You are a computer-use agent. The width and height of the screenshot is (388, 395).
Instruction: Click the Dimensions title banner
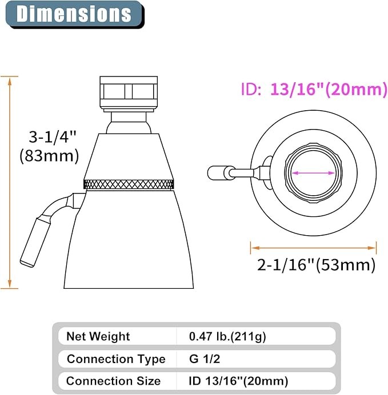75,14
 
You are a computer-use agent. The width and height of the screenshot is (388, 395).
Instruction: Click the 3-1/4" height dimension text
52,138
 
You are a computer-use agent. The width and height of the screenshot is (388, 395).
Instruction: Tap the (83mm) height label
49,156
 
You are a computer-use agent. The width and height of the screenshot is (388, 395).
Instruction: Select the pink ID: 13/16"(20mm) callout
314,90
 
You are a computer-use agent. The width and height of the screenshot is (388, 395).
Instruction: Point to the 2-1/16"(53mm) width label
316,265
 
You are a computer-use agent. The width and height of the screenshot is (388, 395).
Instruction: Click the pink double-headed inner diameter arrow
313,173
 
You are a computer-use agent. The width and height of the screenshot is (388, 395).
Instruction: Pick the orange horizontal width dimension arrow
313,248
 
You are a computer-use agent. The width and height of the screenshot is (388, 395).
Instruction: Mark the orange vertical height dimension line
10,183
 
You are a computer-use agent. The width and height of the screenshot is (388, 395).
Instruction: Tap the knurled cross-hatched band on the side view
129,184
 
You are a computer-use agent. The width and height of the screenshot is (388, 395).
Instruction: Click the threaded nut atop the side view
129,92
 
